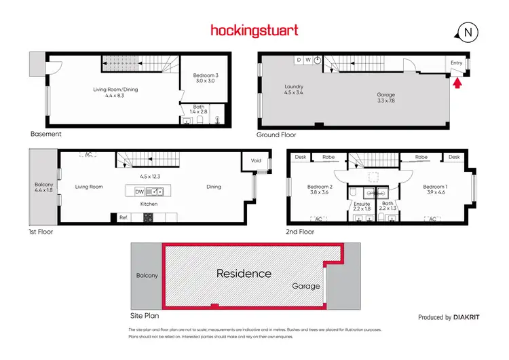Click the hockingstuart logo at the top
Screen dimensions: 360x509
coord(254,31)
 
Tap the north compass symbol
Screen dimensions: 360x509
coord(468,32)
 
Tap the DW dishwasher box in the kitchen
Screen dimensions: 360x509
coord(139,192)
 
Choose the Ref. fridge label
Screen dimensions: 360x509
coord(124,218)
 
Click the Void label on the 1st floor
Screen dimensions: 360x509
coord(255,161)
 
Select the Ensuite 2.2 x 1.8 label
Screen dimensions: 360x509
coord(362,206)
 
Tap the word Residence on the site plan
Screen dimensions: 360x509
coord(244,274)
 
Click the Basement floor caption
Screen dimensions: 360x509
coord(45,134)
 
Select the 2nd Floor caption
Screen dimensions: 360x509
coord(301,232)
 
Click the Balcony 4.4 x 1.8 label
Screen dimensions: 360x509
coord(43,187)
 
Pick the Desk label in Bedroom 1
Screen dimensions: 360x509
coord(454,157)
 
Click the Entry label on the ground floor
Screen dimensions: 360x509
coord(456,62)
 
